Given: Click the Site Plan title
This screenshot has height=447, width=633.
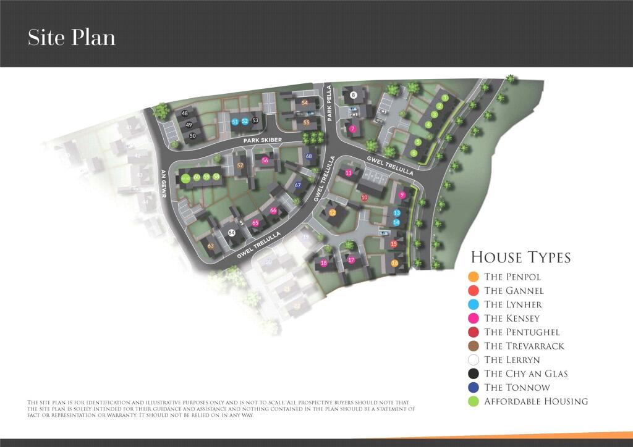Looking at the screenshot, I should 72,38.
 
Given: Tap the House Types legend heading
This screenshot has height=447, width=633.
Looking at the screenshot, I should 520,257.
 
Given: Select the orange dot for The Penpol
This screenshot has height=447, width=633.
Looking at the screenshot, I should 474,277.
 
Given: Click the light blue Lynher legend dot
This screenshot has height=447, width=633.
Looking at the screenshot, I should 474,304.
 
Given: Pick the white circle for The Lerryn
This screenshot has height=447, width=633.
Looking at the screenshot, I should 474,360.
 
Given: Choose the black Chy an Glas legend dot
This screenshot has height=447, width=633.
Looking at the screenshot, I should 474,374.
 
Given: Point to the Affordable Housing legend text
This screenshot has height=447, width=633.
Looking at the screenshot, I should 536,401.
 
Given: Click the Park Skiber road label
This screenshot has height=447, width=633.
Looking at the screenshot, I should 262,141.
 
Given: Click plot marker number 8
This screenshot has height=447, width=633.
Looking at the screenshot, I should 354,95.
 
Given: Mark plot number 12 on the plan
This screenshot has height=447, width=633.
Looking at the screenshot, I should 332,213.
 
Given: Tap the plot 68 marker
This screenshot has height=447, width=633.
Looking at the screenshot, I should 309,156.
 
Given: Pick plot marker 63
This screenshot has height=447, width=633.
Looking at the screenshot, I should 211,246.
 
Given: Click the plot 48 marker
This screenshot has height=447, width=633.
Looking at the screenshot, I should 185,114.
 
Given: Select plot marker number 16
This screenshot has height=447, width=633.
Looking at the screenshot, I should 394,264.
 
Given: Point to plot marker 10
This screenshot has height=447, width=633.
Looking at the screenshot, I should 364,197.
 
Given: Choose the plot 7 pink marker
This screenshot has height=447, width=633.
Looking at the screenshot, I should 352,129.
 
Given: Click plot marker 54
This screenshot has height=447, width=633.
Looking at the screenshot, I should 305,102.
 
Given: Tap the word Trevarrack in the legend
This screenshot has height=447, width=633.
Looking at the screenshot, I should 542,346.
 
